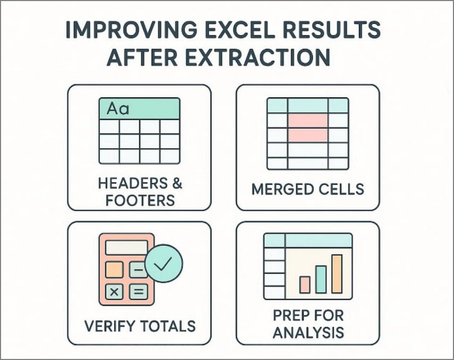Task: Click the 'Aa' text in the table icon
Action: pyautogui.click(x=118, y=110)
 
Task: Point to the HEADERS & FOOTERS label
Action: pyautogui.click(x=140, y=192)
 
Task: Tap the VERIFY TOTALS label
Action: pyautogui.click(x=139, y=325)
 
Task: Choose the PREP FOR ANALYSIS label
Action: pyautogui.click(x=308, y=324)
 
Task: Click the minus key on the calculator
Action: pyautogui.click(x=138, y=270)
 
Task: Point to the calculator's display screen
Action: pyautogui.click(x=127, y=248)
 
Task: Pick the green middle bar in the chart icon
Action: pyautogui.click(x=321, y=279)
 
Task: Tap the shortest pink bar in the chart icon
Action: pyautogui.click(x=305, y=284)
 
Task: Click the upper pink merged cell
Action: pyautogui.click(x=307, y=120)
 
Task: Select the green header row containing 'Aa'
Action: pyautogui.click(x=139, y=110)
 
